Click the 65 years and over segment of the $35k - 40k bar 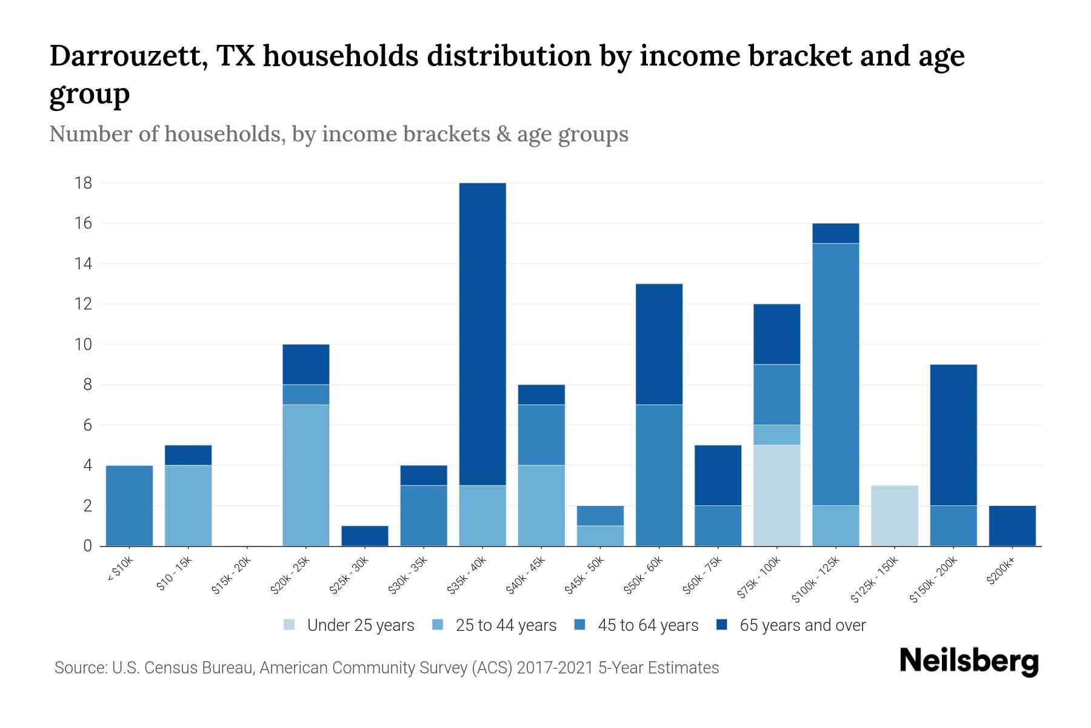click(482, 334)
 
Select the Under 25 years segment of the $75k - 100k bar click(776, 495)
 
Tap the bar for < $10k click(129, 505)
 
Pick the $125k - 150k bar click(894, 516)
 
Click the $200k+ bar click(1012, 525)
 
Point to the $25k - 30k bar click(365, 536)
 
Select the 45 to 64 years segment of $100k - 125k click(835, 374)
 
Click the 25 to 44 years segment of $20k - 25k click(306, 475)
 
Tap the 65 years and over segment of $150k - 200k click(953, 435)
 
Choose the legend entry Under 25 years click(360, 625)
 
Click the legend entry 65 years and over click(802, 625)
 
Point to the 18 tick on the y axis click(84, 183)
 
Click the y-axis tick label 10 click(84, 345)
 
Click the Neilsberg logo click(969, 661)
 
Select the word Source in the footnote click(79, 668)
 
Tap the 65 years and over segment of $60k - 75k click(718, 475)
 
